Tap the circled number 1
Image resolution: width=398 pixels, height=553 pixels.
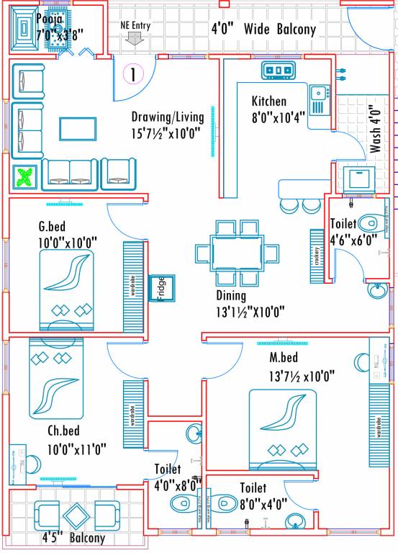[134, 73]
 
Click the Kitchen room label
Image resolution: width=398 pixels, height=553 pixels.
[268, 101]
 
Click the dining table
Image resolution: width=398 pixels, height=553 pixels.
[237, 254]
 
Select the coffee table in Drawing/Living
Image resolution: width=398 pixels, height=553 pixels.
[78, 129]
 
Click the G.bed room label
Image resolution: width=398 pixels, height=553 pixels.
[53, 228]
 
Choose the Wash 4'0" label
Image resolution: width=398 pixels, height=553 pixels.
[376, 130]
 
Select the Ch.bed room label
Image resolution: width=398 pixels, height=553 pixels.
[63, 433]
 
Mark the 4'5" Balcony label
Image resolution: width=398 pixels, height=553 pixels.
[73, 538]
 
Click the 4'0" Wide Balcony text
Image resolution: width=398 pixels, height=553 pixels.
[263, 30]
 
